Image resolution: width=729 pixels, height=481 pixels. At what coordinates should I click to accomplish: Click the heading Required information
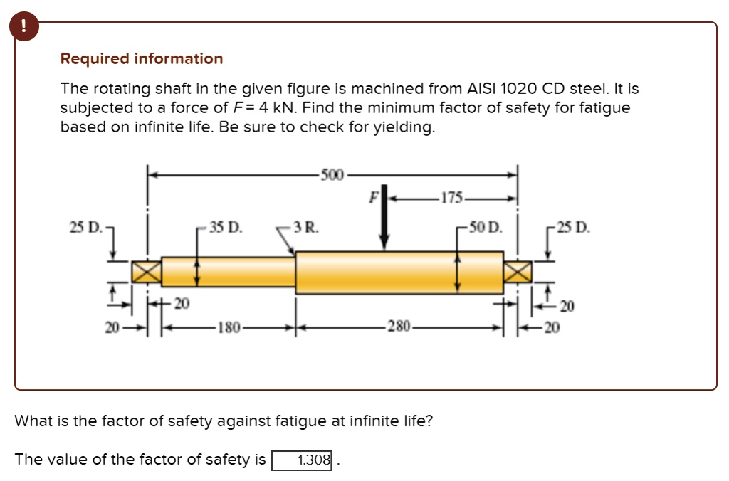[141, 59]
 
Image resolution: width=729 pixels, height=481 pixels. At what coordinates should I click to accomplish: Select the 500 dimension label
[332, 174]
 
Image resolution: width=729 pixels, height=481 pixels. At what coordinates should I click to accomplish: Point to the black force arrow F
[384, 221]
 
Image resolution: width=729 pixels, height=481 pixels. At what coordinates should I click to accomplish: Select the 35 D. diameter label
[226, 228]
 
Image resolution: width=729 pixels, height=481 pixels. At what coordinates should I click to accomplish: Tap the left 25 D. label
[84, 228]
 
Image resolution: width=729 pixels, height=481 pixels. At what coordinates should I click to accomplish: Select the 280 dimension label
[398, 329]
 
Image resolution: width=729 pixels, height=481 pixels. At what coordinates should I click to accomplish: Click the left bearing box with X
[147, 272]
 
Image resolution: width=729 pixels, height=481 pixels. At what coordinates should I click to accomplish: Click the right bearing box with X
[518, 272]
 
